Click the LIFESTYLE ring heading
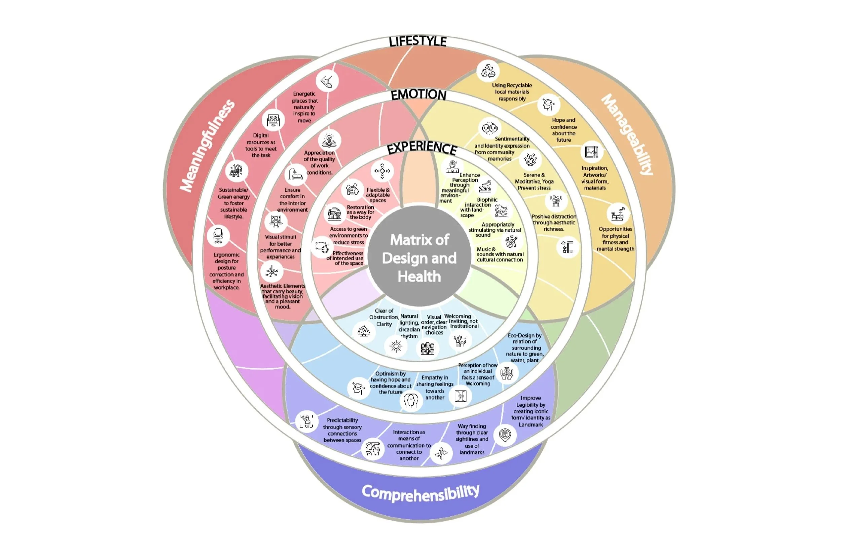point(418,41)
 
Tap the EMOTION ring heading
point(418,95)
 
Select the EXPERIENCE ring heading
point(422,148)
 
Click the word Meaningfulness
point(208,145)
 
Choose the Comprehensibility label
point(420,492)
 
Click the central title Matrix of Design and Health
point(419,258)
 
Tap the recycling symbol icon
point(488,71)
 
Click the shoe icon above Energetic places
point(327,81)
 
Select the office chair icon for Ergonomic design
point(218,236)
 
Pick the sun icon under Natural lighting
point(396,346)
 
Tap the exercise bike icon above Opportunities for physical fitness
point(618,213)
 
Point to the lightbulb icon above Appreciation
point(329,140)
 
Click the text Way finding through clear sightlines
point(472,439)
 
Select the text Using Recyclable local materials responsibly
point(512,92)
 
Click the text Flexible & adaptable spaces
point(378,195)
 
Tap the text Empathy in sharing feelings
point(435,387)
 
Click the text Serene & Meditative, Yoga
point(534,181)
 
